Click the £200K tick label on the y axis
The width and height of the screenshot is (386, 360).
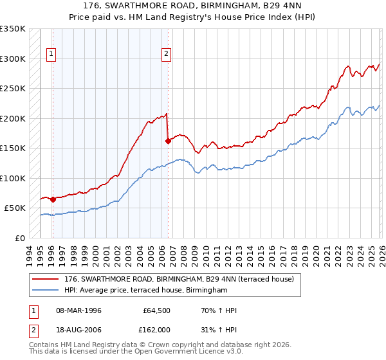pyautogui.click(x=13, y=118)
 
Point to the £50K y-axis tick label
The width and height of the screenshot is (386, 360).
pyautogui.click(x=15, y=208)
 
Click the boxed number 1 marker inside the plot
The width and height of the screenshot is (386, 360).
pyautogui.click(x=51, y=55)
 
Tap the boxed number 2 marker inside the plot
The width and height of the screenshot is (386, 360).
pyautogui.click(x=166, y=55)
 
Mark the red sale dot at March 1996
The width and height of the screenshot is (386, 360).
pyautogui.click(x=53, y=199)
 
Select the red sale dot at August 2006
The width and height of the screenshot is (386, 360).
pyautogui.click(x=168, y=141)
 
